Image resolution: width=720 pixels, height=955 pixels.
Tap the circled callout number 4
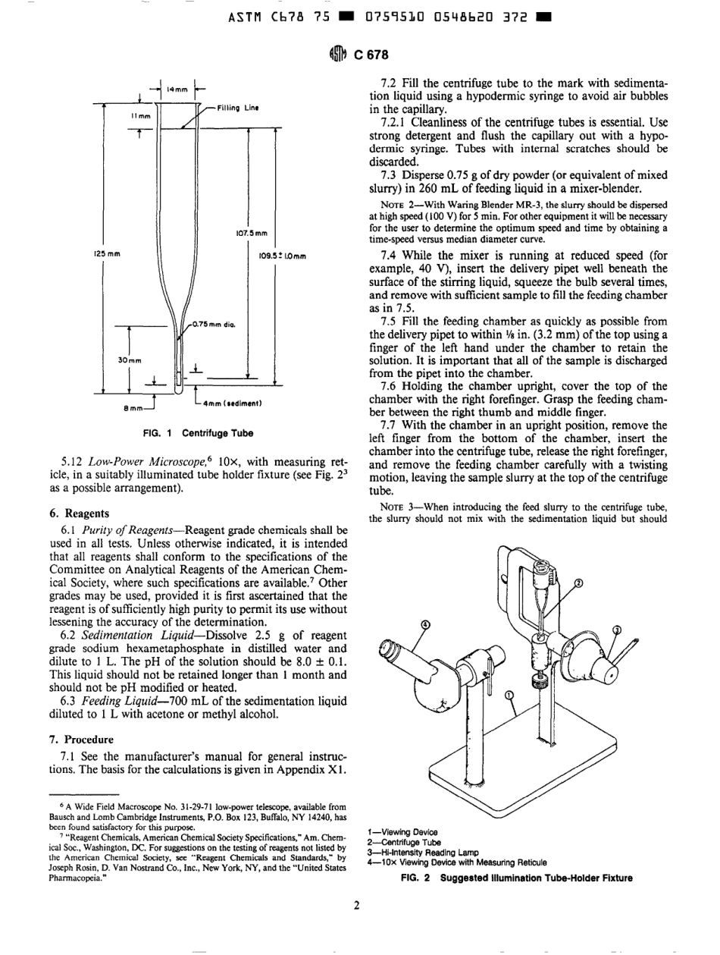[x=425, y=624]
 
